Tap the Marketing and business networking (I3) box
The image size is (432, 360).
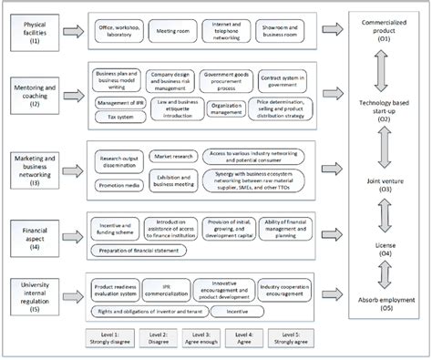click(x=37, y=170)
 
